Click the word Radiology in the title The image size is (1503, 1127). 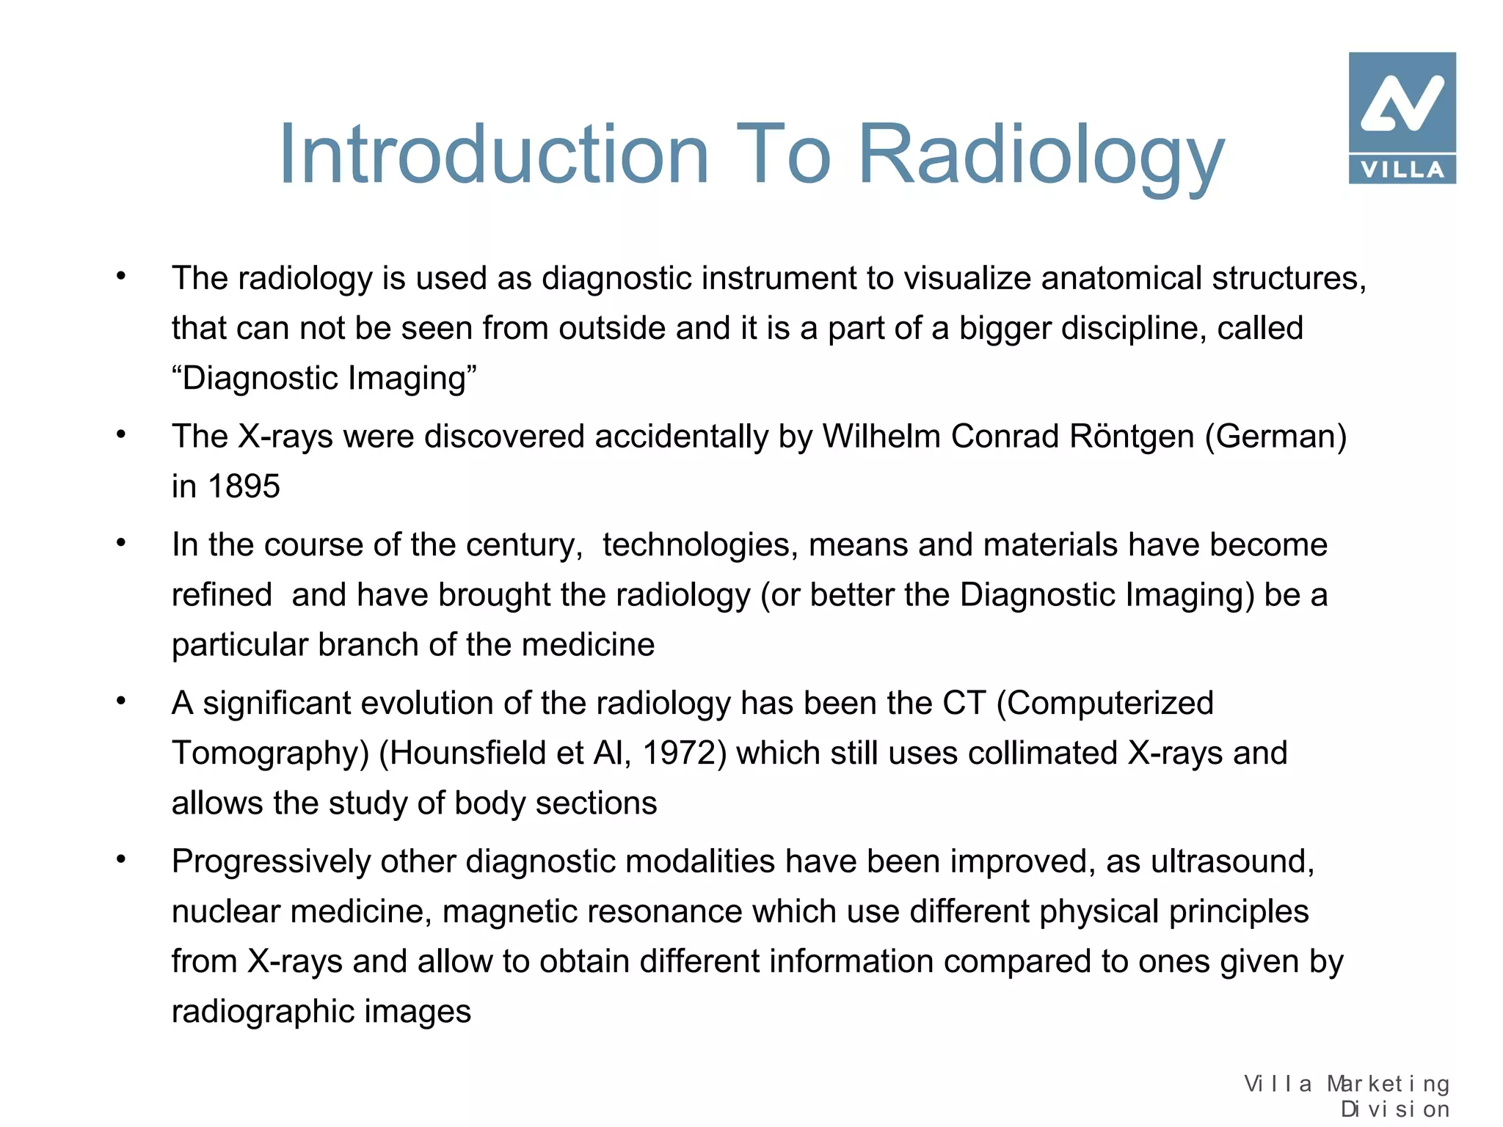pos(1041,156)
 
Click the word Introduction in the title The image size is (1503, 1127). pos(493,156)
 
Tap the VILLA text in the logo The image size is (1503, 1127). pos(1402,170)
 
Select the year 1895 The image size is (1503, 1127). pos(244,486)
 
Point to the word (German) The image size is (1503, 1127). pos(1275,437)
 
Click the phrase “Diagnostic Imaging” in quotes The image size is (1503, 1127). pos(324,379)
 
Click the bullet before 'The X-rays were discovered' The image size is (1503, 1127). pos(121,434)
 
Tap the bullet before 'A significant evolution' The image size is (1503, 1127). pos(121,701)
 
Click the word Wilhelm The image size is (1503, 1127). pos(881,437)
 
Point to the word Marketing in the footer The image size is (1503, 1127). pos(1388,1084)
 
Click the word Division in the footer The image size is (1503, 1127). pos(1395,1109)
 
